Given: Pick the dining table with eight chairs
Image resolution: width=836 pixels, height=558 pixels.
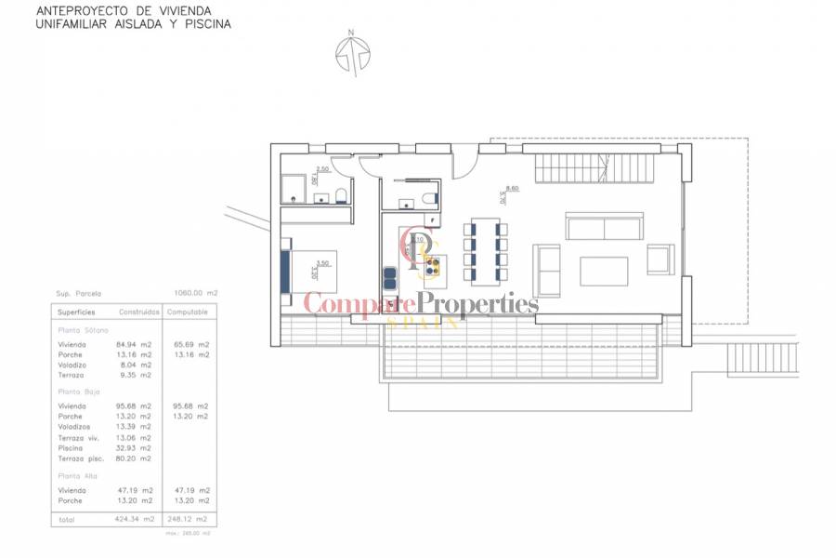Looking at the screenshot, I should pyautogui.click(x=485, y=252).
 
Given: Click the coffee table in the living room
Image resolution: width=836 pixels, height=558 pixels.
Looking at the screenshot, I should pyautogui.click(x=604, y=271).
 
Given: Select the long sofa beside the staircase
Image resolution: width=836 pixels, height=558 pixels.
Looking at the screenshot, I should pyautogui.click(x=604, y=228).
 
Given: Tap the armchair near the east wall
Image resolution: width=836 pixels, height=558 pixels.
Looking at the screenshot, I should pyautogui.click(x=660, y=259).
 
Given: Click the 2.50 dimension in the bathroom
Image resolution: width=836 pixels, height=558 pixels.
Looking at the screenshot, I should pyautogui.click(x=323, y=168).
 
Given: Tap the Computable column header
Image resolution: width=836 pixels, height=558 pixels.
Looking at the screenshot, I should pyautogui.click(x=187, y=312).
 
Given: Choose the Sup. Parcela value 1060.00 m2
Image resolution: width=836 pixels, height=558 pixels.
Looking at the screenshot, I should pyautogui.click(x=196, y=292).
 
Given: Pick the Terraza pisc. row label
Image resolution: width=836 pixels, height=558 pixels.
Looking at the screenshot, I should pyautogui.click(x=80, y=458).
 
